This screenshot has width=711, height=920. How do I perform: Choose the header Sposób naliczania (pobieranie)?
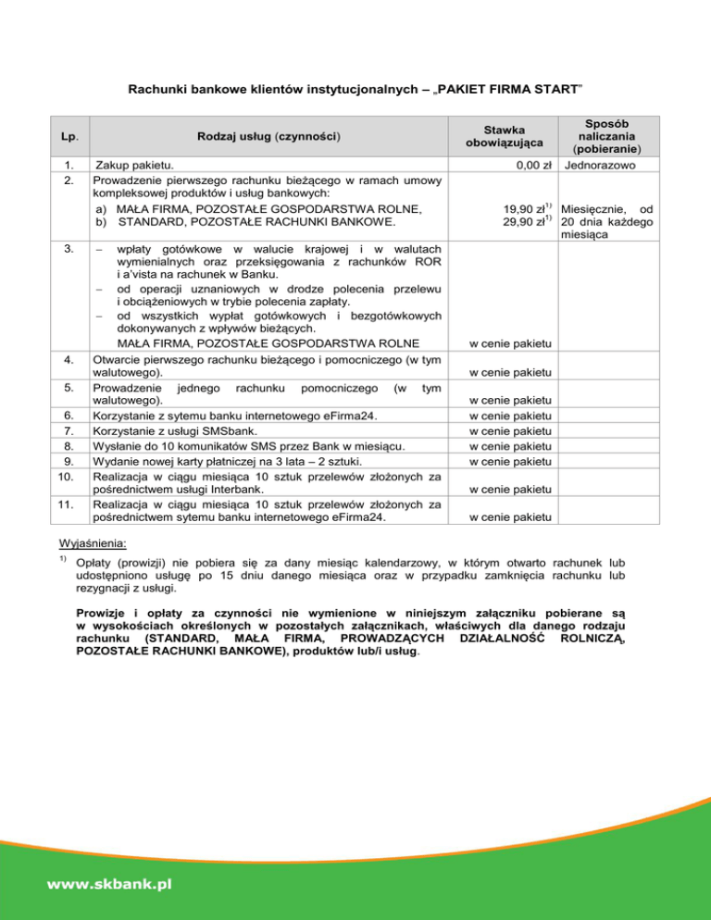coord(603,136)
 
